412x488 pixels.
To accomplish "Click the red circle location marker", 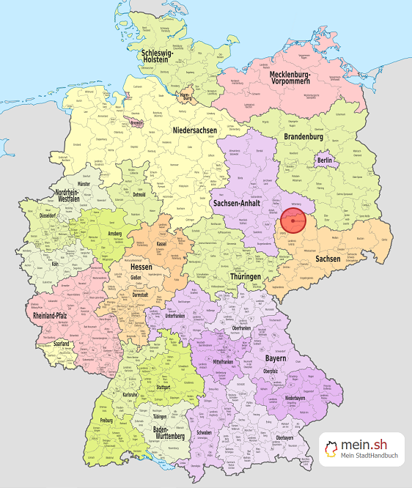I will (x=293, y=220).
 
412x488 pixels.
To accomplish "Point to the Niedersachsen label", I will (x=195, y=130).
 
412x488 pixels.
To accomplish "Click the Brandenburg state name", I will (x=304, y=137).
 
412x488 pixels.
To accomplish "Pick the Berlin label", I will (x=324, y=161).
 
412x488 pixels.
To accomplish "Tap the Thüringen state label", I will (x=244, y=277).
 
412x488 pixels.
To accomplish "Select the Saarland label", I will (x=61, y=344).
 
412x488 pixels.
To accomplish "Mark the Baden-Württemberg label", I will (x=172, y=434).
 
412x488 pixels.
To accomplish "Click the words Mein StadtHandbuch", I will (x=369, y=457).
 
